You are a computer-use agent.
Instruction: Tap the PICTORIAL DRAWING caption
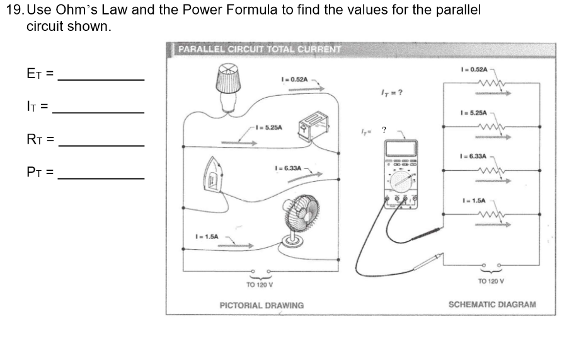coord(262,305)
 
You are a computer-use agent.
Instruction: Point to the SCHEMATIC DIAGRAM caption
coord(492,305)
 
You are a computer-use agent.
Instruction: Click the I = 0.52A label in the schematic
coord(475,68)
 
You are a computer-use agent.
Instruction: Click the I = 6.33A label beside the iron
coord(289,169)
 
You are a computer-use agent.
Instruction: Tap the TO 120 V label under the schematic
coord(492,281)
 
